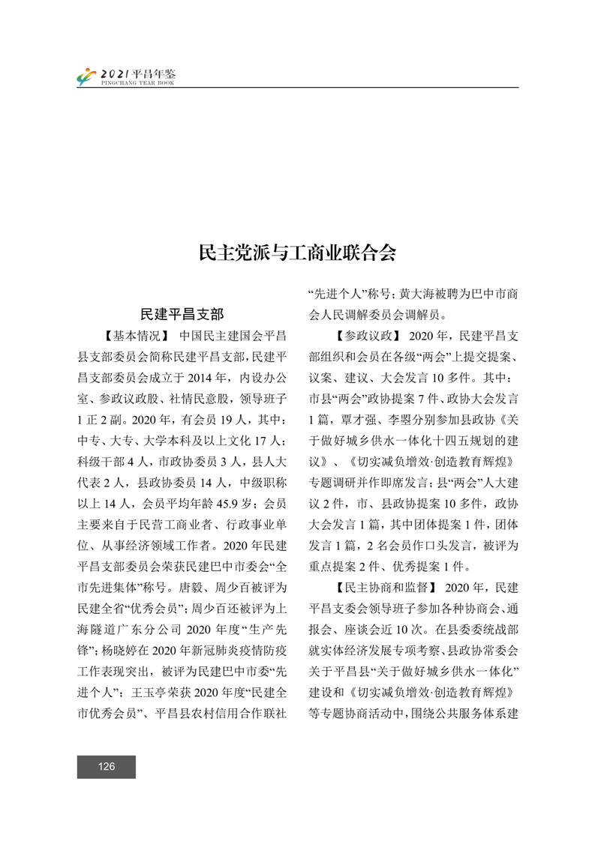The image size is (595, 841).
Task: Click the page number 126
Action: pyautogui.click(x=106, y=766)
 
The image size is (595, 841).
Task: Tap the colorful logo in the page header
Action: pyautogui.click(x=87, y=76)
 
